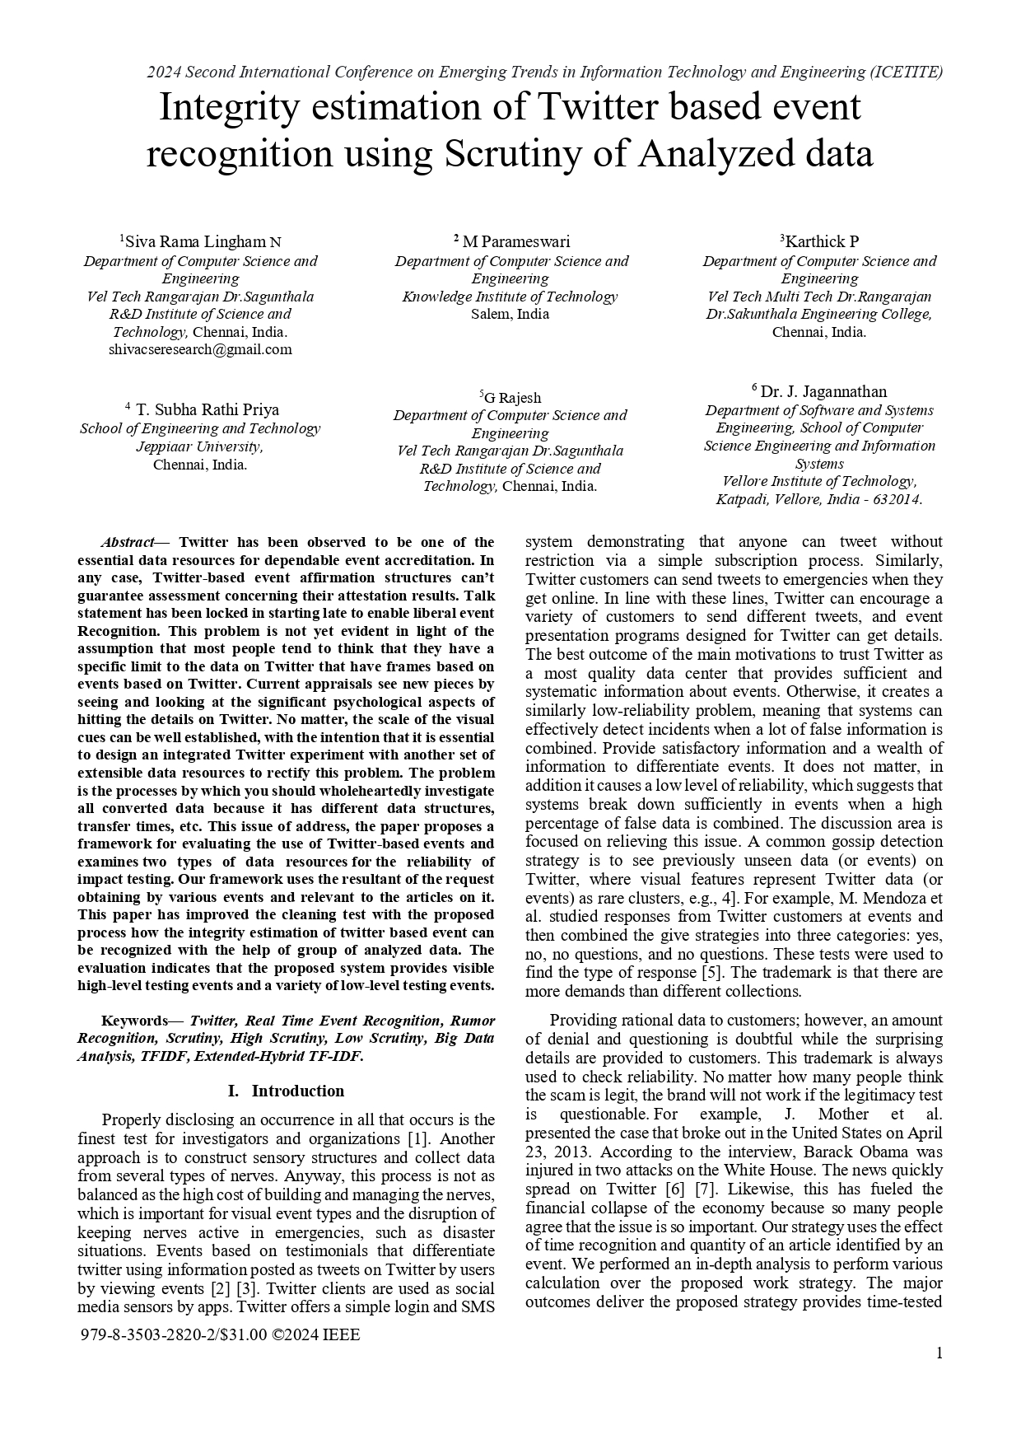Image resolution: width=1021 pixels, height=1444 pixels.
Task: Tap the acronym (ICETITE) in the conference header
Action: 906,72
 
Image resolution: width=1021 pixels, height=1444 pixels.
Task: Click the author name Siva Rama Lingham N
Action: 203,242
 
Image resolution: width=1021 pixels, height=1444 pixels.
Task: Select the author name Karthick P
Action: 822,241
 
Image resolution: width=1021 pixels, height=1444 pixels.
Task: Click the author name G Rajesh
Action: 512,398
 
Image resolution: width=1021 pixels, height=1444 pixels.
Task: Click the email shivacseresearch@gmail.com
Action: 200,349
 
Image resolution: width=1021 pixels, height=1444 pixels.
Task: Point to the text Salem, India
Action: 510,314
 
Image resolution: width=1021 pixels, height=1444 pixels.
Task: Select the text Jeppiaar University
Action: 199,446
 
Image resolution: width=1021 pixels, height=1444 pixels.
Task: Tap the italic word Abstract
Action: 127,542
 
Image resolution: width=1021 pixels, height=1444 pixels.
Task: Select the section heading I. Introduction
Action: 286,1091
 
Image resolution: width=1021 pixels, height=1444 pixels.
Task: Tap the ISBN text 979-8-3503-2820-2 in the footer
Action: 146,1335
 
